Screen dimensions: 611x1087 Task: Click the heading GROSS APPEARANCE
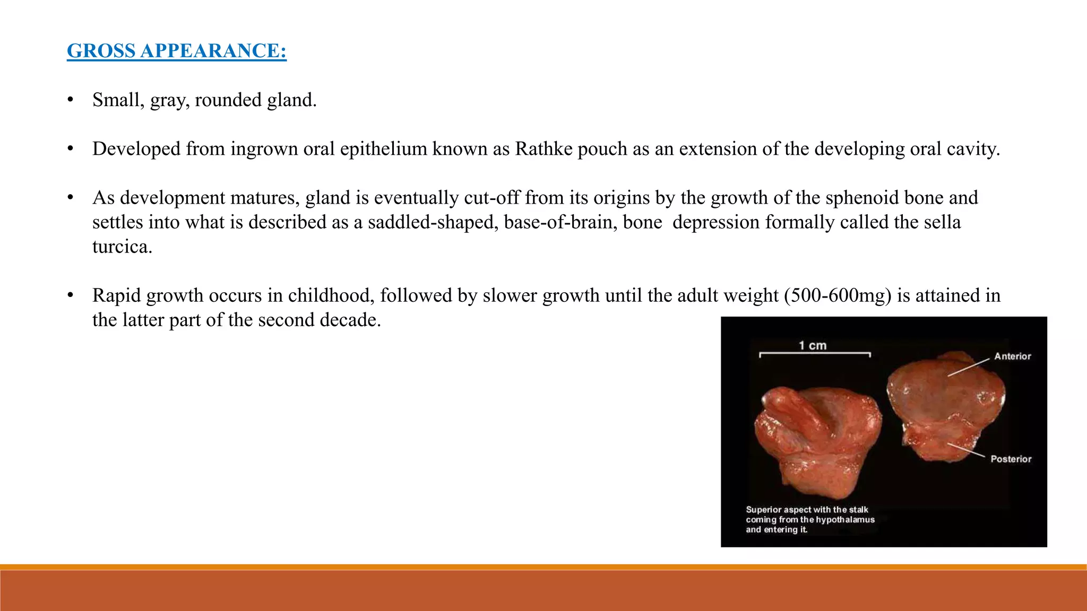point(176,51)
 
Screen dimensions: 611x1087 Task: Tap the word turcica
point(122,247)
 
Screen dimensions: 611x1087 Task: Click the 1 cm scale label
point(813,346)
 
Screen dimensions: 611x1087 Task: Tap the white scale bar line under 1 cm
point(815,353)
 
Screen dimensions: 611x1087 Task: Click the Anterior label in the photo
point(1012,356)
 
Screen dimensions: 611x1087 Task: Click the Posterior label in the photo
point(1011,459)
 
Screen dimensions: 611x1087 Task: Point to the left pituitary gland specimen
point(817,440)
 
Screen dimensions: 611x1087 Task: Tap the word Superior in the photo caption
point(763,510)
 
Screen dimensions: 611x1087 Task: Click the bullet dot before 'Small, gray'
point(70,100)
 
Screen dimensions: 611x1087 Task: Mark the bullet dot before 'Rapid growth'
point(70,295)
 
